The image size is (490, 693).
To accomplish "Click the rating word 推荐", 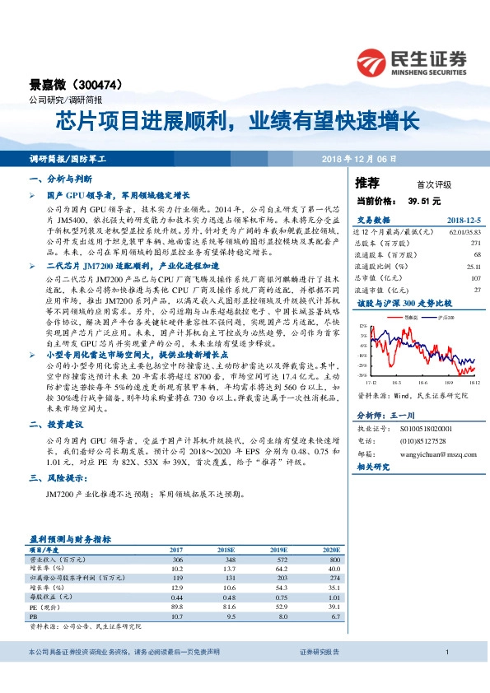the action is click(x=367, y=183).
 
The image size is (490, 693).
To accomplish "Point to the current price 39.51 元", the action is click(x=424, y=201).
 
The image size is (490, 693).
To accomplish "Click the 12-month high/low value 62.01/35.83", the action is click(x=464, y=233).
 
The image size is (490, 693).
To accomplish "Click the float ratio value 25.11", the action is click(x=472, y=267).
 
